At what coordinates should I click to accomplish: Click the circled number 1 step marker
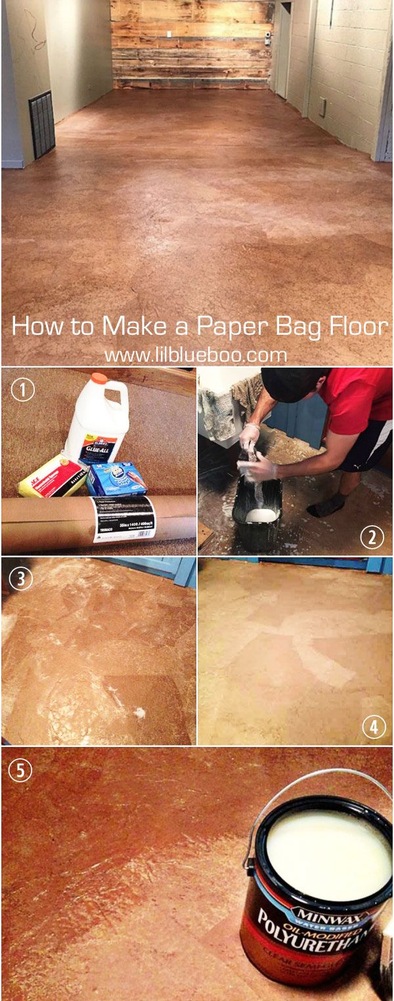pos(23,390)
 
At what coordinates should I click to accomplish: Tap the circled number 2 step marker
pos(372,537)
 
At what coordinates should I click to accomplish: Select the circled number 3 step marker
pos(23,579)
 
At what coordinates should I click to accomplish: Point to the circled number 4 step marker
pos(374,727)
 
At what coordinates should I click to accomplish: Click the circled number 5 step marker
pos(20,770)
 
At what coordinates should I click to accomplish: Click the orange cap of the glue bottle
pos(99,379)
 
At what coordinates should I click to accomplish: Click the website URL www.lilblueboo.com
pos(196,355)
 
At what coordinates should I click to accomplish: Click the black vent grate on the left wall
pos(41,125)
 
